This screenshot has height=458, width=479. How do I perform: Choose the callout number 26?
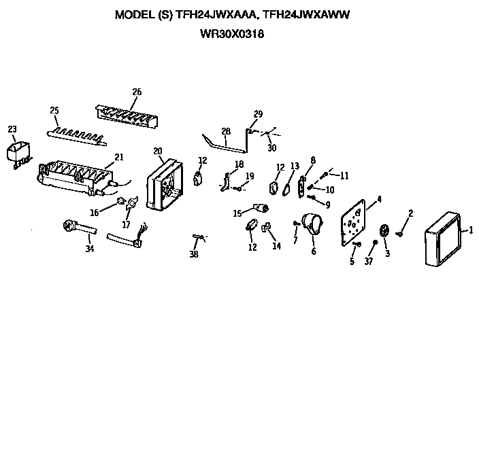(x=137, y=92)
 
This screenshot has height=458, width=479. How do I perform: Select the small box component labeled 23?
(x=17, y=153)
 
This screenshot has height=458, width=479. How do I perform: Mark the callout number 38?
(x=194, y=254)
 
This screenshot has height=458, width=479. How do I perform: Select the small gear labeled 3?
(x=384, y=231)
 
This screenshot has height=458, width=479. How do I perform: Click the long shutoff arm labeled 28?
(x=225, y=145)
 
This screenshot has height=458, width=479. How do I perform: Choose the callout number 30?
(x=272, y=148)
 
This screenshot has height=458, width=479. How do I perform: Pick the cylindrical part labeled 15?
(x=259, y=208)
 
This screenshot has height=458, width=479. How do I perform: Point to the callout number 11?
(x=344, y=175)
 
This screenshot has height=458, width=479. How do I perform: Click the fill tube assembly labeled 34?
(x=71, y=225)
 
